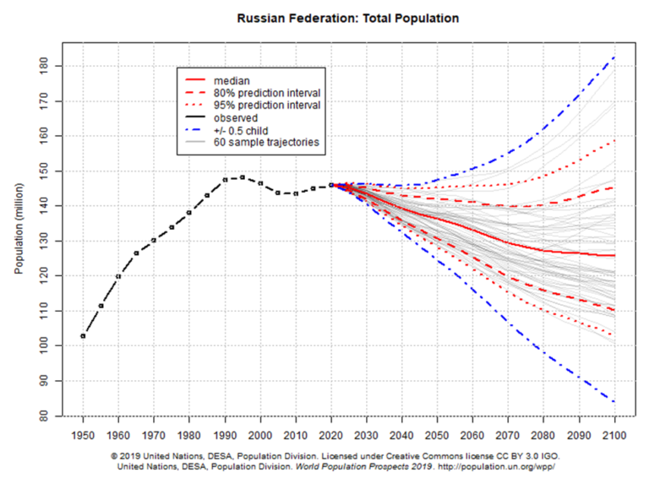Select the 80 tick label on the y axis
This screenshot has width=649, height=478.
point(52,416)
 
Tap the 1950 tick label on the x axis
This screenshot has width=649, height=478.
point(83,437)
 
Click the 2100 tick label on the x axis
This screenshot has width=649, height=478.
point(614,437)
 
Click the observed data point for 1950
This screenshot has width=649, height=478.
point(83,336)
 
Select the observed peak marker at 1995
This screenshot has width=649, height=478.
point(243,177)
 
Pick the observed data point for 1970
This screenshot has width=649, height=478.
point(154,240)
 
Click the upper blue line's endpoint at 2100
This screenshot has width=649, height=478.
point(614,57)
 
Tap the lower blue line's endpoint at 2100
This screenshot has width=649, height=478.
point(614,402)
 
